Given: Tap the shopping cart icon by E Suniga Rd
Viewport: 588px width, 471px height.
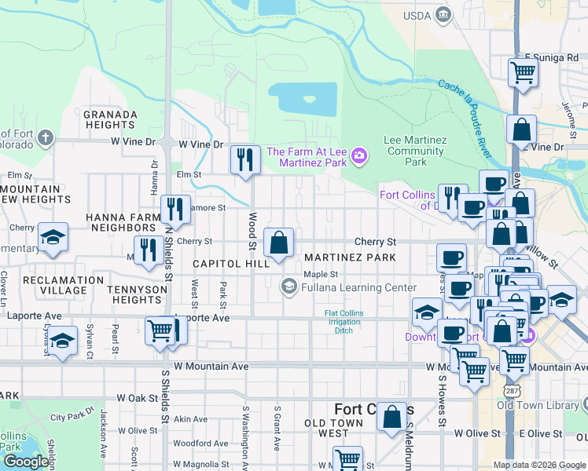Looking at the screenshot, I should point(523,72).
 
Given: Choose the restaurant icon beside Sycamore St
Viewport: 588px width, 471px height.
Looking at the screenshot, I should point(175,210).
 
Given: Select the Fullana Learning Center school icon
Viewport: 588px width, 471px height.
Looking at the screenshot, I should point(288,287).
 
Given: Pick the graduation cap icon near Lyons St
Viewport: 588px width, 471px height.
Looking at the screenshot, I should point(63,341).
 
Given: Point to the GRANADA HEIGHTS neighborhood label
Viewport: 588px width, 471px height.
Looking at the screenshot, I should point(110,120).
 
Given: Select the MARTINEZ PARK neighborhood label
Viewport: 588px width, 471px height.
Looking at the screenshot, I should point(349,257).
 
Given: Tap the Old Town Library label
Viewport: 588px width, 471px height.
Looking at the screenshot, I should point(538,405).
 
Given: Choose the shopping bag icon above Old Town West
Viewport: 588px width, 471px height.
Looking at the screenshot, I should point(391,418).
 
